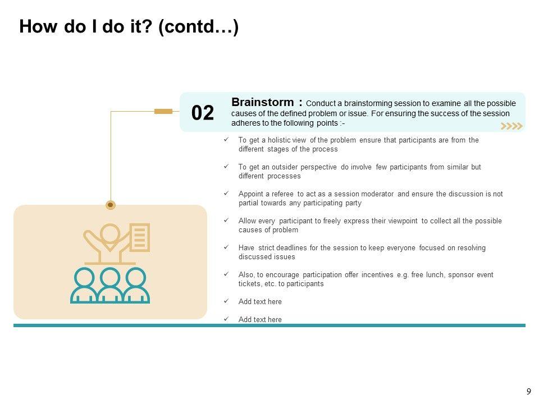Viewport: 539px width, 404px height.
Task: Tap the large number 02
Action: [203, 113]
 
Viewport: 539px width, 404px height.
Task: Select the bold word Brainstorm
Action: [262, 102]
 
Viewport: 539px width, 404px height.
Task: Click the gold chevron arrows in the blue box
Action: [511, 126]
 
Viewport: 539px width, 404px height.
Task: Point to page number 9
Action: [528, 391]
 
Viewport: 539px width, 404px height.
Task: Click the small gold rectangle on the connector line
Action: [163, 111]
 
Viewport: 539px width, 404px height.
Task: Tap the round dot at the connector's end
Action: [111, 205]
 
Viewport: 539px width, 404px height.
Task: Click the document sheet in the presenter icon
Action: [140, 237]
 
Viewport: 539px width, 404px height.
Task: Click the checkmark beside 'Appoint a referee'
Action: [226, 194]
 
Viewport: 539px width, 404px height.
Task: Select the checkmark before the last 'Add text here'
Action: [226, 319]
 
